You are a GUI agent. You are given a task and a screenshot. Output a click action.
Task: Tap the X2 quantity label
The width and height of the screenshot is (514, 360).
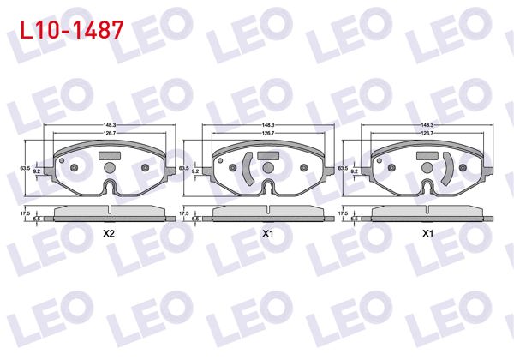pyautogui.click(x=109, y=232)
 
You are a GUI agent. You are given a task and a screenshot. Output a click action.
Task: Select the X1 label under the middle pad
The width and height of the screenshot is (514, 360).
pyautogui.click(x=267, y=232)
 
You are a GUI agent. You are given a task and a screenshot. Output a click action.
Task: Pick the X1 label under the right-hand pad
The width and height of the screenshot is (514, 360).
pyautogui.click(x=427, y=232)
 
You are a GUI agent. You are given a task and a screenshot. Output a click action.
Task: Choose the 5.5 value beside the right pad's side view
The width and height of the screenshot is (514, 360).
pyautogui.click(x=355, y=219)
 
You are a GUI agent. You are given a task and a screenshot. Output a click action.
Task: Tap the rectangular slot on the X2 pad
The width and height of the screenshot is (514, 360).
pyautogui.click(x=111, y=156)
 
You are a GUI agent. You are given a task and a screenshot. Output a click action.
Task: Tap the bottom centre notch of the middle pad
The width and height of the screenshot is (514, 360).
pyautogui.click(x=268, y=188)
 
